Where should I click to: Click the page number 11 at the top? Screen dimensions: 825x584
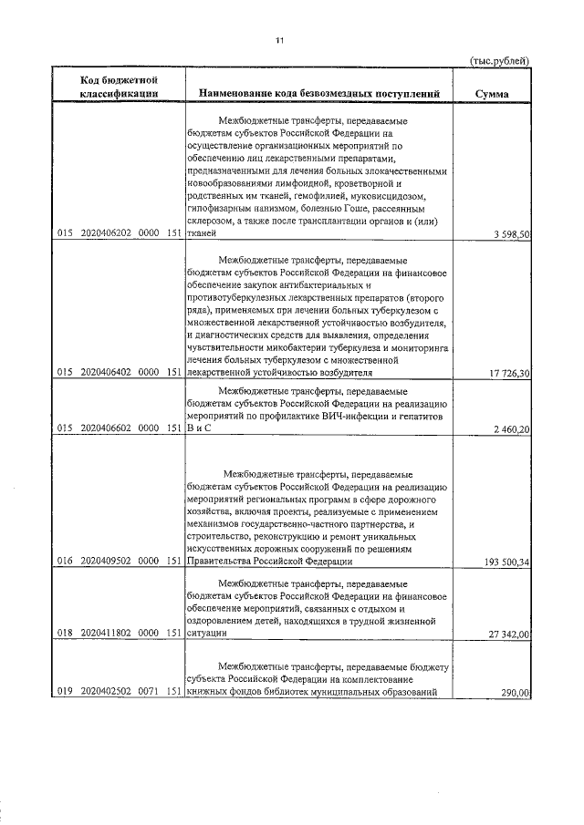tap(280, 40)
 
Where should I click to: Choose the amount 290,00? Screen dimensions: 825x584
tap(515, 694)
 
